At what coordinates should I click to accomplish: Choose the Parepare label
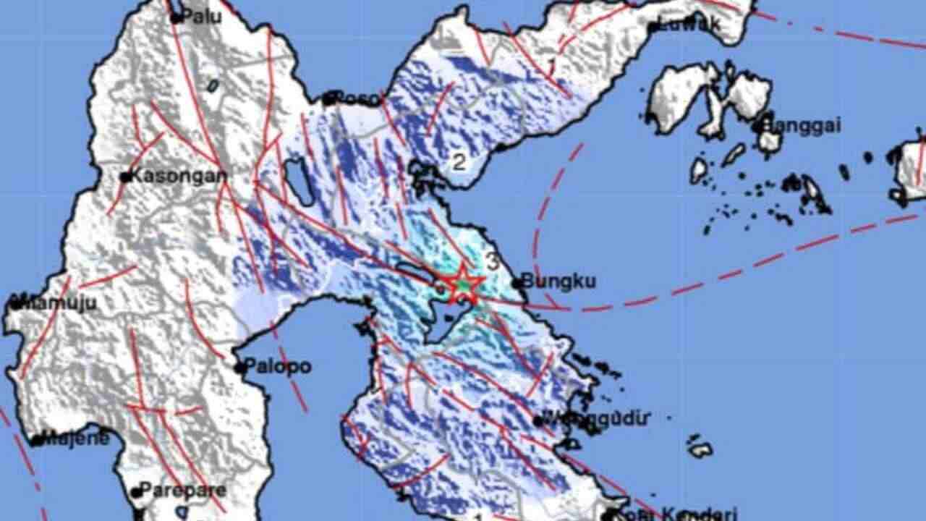[182, 490]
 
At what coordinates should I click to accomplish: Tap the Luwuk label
[691, 24]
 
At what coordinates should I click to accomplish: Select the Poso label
[358, 98]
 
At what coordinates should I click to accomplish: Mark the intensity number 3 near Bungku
[493, 262]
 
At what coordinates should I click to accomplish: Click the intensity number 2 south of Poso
[459, 161]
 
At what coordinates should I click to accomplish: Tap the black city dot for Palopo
[239, 368]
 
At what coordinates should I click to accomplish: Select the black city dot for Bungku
[517, 283]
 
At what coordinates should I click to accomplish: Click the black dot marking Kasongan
[125, 177]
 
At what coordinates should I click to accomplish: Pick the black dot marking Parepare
[135, 492]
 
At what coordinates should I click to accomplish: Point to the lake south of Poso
[299, 181]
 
